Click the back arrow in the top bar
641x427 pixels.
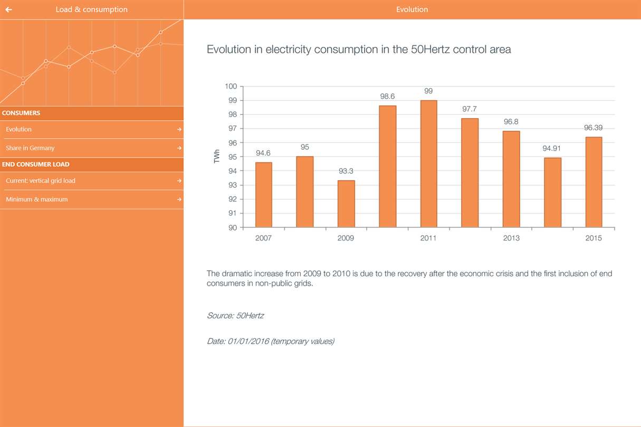8,9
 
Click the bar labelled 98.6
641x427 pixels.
387,166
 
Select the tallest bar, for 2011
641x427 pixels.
428,163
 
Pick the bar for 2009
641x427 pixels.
346,203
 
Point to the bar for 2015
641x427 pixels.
594,182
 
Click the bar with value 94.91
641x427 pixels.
552,192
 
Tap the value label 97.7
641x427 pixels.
469,109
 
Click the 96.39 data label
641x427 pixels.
594,128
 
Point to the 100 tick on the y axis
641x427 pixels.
231,86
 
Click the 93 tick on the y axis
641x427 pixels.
233,185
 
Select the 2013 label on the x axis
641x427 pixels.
511,238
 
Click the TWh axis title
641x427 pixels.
217,157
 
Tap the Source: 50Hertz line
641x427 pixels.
235,316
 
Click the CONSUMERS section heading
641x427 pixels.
21,113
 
